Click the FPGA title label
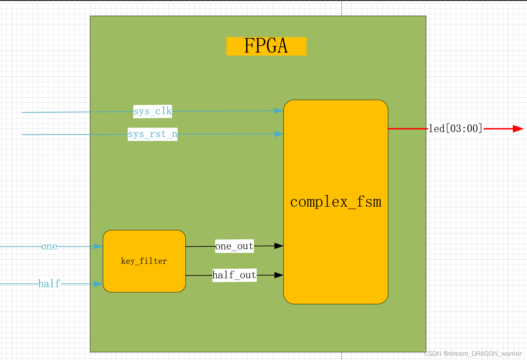click(266, 46)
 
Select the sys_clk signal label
click(153, 112)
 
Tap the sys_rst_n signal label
click(153, 134)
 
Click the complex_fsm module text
click(336, 202)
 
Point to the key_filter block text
click(144, 261)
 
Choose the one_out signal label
click(234, 246)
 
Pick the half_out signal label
click(234, 275)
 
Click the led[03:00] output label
click(455, 129)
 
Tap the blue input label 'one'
click(49, 246)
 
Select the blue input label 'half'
click(49, 284)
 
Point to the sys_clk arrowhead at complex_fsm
click(278, 110)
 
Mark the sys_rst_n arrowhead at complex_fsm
click(278, 134)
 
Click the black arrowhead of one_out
click(278, 246)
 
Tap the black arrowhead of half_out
click(278, 275)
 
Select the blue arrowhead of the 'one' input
click(98, 246)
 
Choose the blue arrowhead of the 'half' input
click(98, 284)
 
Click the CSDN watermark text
click(473, 353)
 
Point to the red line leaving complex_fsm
click(408, 129)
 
